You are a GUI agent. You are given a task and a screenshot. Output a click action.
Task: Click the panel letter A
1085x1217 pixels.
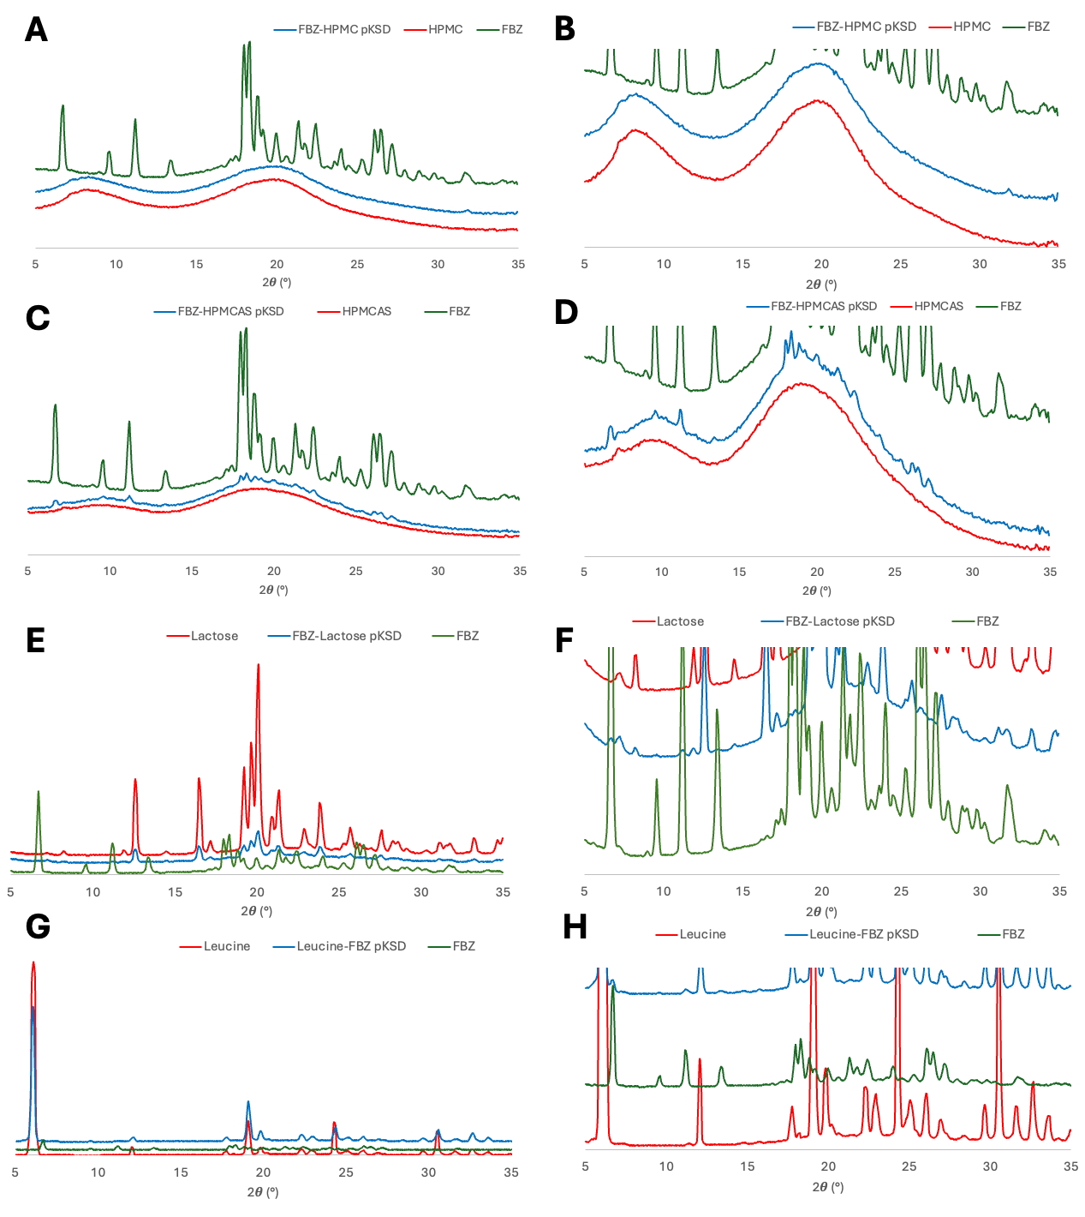[36, 30]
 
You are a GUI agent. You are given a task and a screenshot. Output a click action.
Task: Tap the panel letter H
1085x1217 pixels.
[575, 927]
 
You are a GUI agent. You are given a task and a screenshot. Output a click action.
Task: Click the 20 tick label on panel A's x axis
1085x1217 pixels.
[277, 264]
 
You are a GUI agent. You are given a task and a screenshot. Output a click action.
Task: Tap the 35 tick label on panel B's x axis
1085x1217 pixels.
[1058, 264]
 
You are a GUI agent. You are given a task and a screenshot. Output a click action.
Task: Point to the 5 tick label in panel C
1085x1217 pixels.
[28, 571]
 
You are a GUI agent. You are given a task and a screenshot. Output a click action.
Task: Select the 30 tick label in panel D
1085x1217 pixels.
[972, 572]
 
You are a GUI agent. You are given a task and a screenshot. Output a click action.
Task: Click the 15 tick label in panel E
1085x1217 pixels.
[175, 892]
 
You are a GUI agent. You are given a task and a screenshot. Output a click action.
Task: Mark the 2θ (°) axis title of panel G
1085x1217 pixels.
[262, 1191]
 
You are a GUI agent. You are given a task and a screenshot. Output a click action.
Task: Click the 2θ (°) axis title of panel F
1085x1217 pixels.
[820, 912]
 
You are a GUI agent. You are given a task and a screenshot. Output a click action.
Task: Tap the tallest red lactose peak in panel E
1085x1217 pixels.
[258, 666]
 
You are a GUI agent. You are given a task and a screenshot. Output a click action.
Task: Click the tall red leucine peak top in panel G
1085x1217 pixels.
[33, 962]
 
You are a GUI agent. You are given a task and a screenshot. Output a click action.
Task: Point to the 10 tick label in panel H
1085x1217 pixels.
[666, 1166]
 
